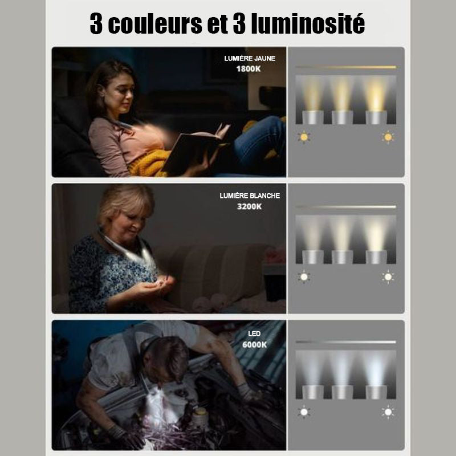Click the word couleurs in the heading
(154, 23)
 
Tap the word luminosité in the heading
(308, 23)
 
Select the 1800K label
(249, 69)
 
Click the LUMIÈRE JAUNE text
(250, 58)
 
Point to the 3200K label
(249, 206)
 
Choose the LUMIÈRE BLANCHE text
(250, 196)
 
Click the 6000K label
(254, 345)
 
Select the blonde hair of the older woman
(125, 201)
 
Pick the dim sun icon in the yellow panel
(304, 137)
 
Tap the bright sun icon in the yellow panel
(388, 137)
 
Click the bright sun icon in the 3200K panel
(388, 277)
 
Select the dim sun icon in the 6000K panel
(304, 412)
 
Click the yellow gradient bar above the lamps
(346, 67)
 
